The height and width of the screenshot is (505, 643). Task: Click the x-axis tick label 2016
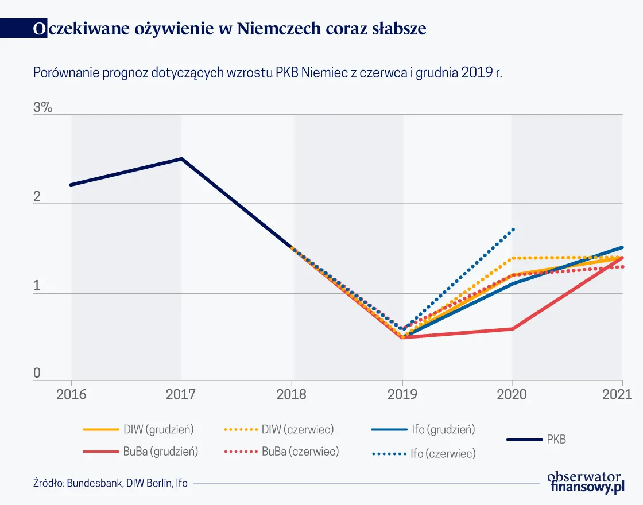pyautogui.click(x=71, y=395)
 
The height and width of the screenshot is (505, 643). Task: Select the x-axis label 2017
pyautogui.click(x=181, y=395)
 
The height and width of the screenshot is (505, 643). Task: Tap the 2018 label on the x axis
pyautogui.click(x=292, y=395)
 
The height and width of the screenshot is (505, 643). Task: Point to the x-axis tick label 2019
pyautogui.click(x=402, y=395)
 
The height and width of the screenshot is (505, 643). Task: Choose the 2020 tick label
pyautogui.click(x=512, y=395)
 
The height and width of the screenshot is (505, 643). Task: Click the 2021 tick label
pyautogui.click(x=618, y=395)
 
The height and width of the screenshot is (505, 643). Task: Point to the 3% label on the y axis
pyautogui.click(x=42, y=107)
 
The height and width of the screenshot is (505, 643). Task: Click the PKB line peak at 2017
pyautogui.click(x=181, y=158)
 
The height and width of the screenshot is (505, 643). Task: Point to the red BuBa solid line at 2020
pyautogui.click(x=512, y=329)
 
